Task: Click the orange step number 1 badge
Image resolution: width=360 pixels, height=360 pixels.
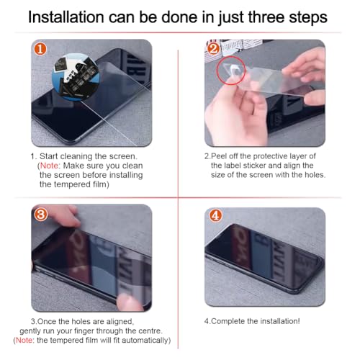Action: click(x=40, y=49)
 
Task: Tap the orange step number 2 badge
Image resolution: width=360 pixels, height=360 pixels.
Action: click(x=213, y=49)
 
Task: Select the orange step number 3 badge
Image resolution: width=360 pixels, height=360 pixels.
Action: click(x=41, y=215)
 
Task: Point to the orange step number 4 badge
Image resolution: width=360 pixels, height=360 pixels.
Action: click(x=215, y=215)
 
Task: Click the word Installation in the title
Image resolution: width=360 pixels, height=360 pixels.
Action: click(x=66, y=17)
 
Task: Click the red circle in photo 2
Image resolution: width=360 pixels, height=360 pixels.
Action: click(x=231, y=71)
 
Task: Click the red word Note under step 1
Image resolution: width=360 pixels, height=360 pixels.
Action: click(x=49, y=166)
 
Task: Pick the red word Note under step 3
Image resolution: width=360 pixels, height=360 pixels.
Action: click(x=24, y=340)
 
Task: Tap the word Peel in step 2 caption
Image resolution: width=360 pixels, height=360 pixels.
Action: click(x=218, y=156)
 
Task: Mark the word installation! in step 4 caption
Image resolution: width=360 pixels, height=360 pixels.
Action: click(x=280, y=321)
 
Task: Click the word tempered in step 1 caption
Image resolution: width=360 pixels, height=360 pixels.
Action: click(x=72, y=184)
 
